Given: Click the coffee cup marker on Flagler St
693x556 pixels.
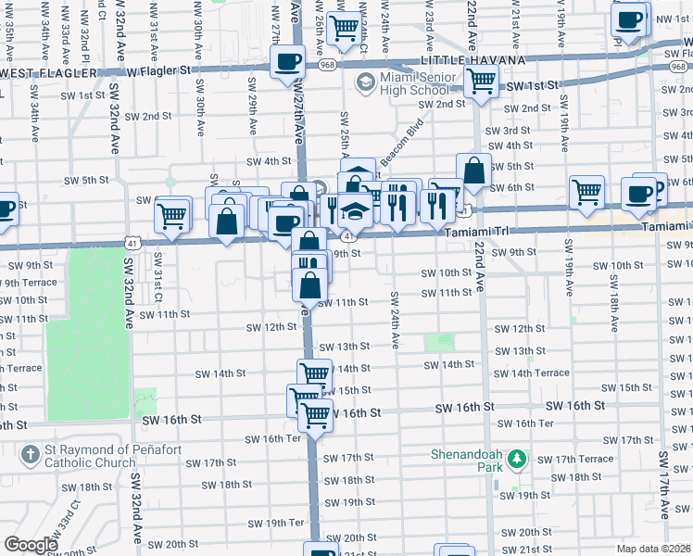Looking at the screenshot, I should pos(287,63).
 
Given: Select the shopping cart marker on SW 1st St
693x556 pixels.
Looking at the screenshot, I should pos(481,82).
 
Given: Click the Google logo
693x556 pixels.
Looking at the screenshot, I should pos(31,545).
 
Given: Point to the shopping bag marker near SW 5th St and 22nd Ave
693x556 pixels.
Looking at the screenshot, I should pos(473,171).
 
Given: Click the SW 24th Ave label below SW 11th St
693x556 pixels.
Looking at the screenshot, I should pos(395,320).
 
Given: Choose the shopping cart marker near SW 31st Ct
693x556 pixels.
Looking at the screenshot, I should pos(172,215).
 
